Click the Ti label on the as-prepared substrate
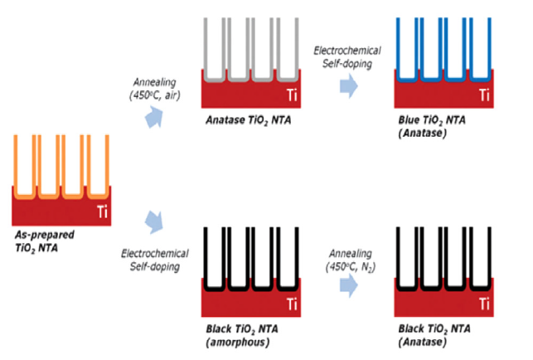[x=102, y=212]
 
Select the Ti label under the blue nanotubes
[x=483, y=95]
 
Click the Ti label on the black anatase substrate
[x=483, y=304]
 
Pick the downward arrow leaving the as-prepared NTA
[x=153, y=221]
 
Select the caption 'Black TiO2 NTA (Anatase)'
[x=436, y=334]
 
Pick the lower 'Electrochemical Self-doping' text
[x=154, y=259]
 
